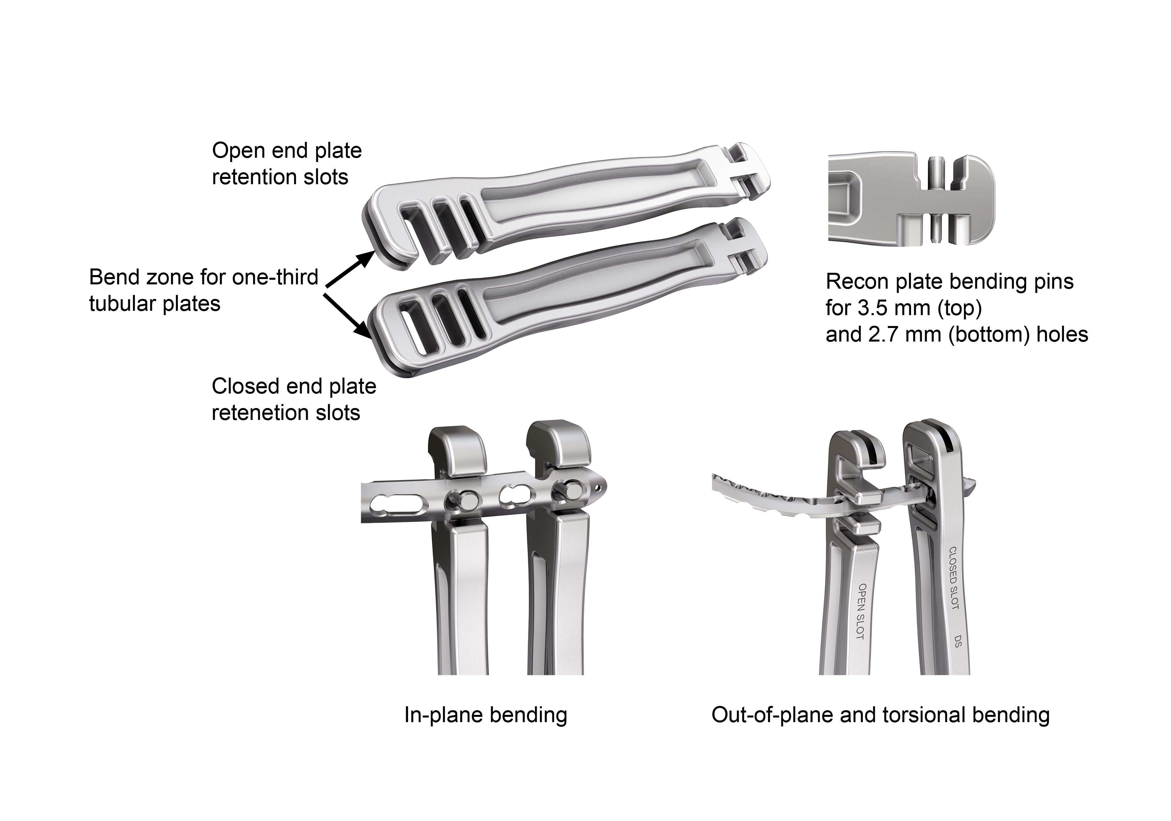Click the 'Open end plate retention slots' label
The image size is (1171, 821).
pyautogui.click(x=287, y=164)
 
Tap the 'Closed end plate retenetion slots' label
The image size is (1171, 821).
pyautogui.click(x=294, y=399)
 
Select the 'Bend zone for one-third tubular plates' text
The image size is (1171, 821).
pyautogui.click(x=204, y=290)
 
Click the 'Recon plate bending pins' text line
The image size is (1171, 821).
pyautogui.click(x=950, y=281)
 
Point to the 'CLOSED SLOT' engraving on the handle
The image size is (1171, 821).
pyautogui.click(x=953, y=578)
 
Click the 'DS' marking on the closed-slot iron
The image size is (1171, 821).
pyautogui.click(x=957, y=641)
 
